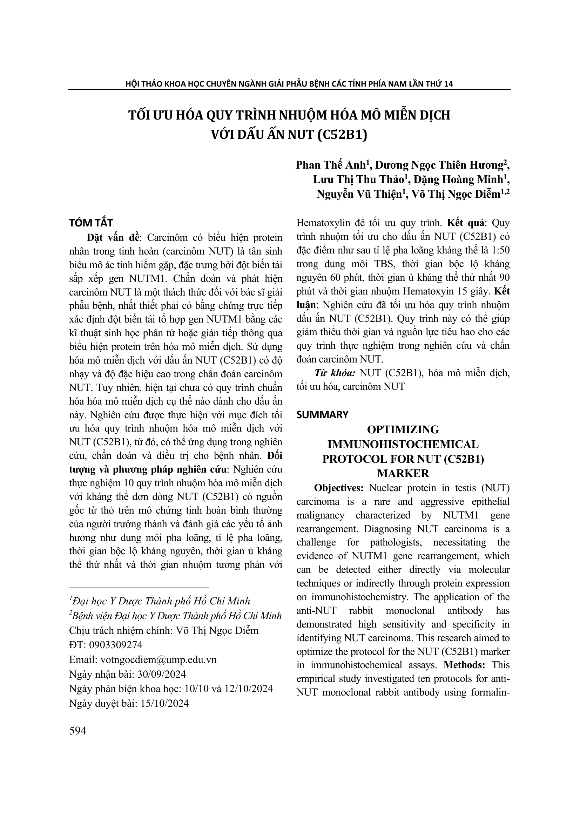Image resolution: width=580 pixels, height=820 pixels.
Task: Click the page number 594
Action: pyautogui.click(x=78, y=731)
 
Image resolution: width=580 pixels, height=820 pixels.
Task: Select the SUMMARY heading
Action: pyautogui.click(x=322, y=415)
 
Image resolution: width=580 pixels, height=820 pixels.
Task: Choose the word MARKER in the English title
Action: pyautogui.click(x=403, y=474)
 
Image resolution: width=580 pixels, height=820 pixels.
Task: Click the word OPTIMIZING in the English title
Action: pyautogui.click(x=403, y=430)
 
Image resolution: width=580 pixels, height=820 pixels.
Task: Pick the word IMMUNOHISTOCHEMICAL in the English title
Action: pyautogui.click(x=403, y=444)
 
